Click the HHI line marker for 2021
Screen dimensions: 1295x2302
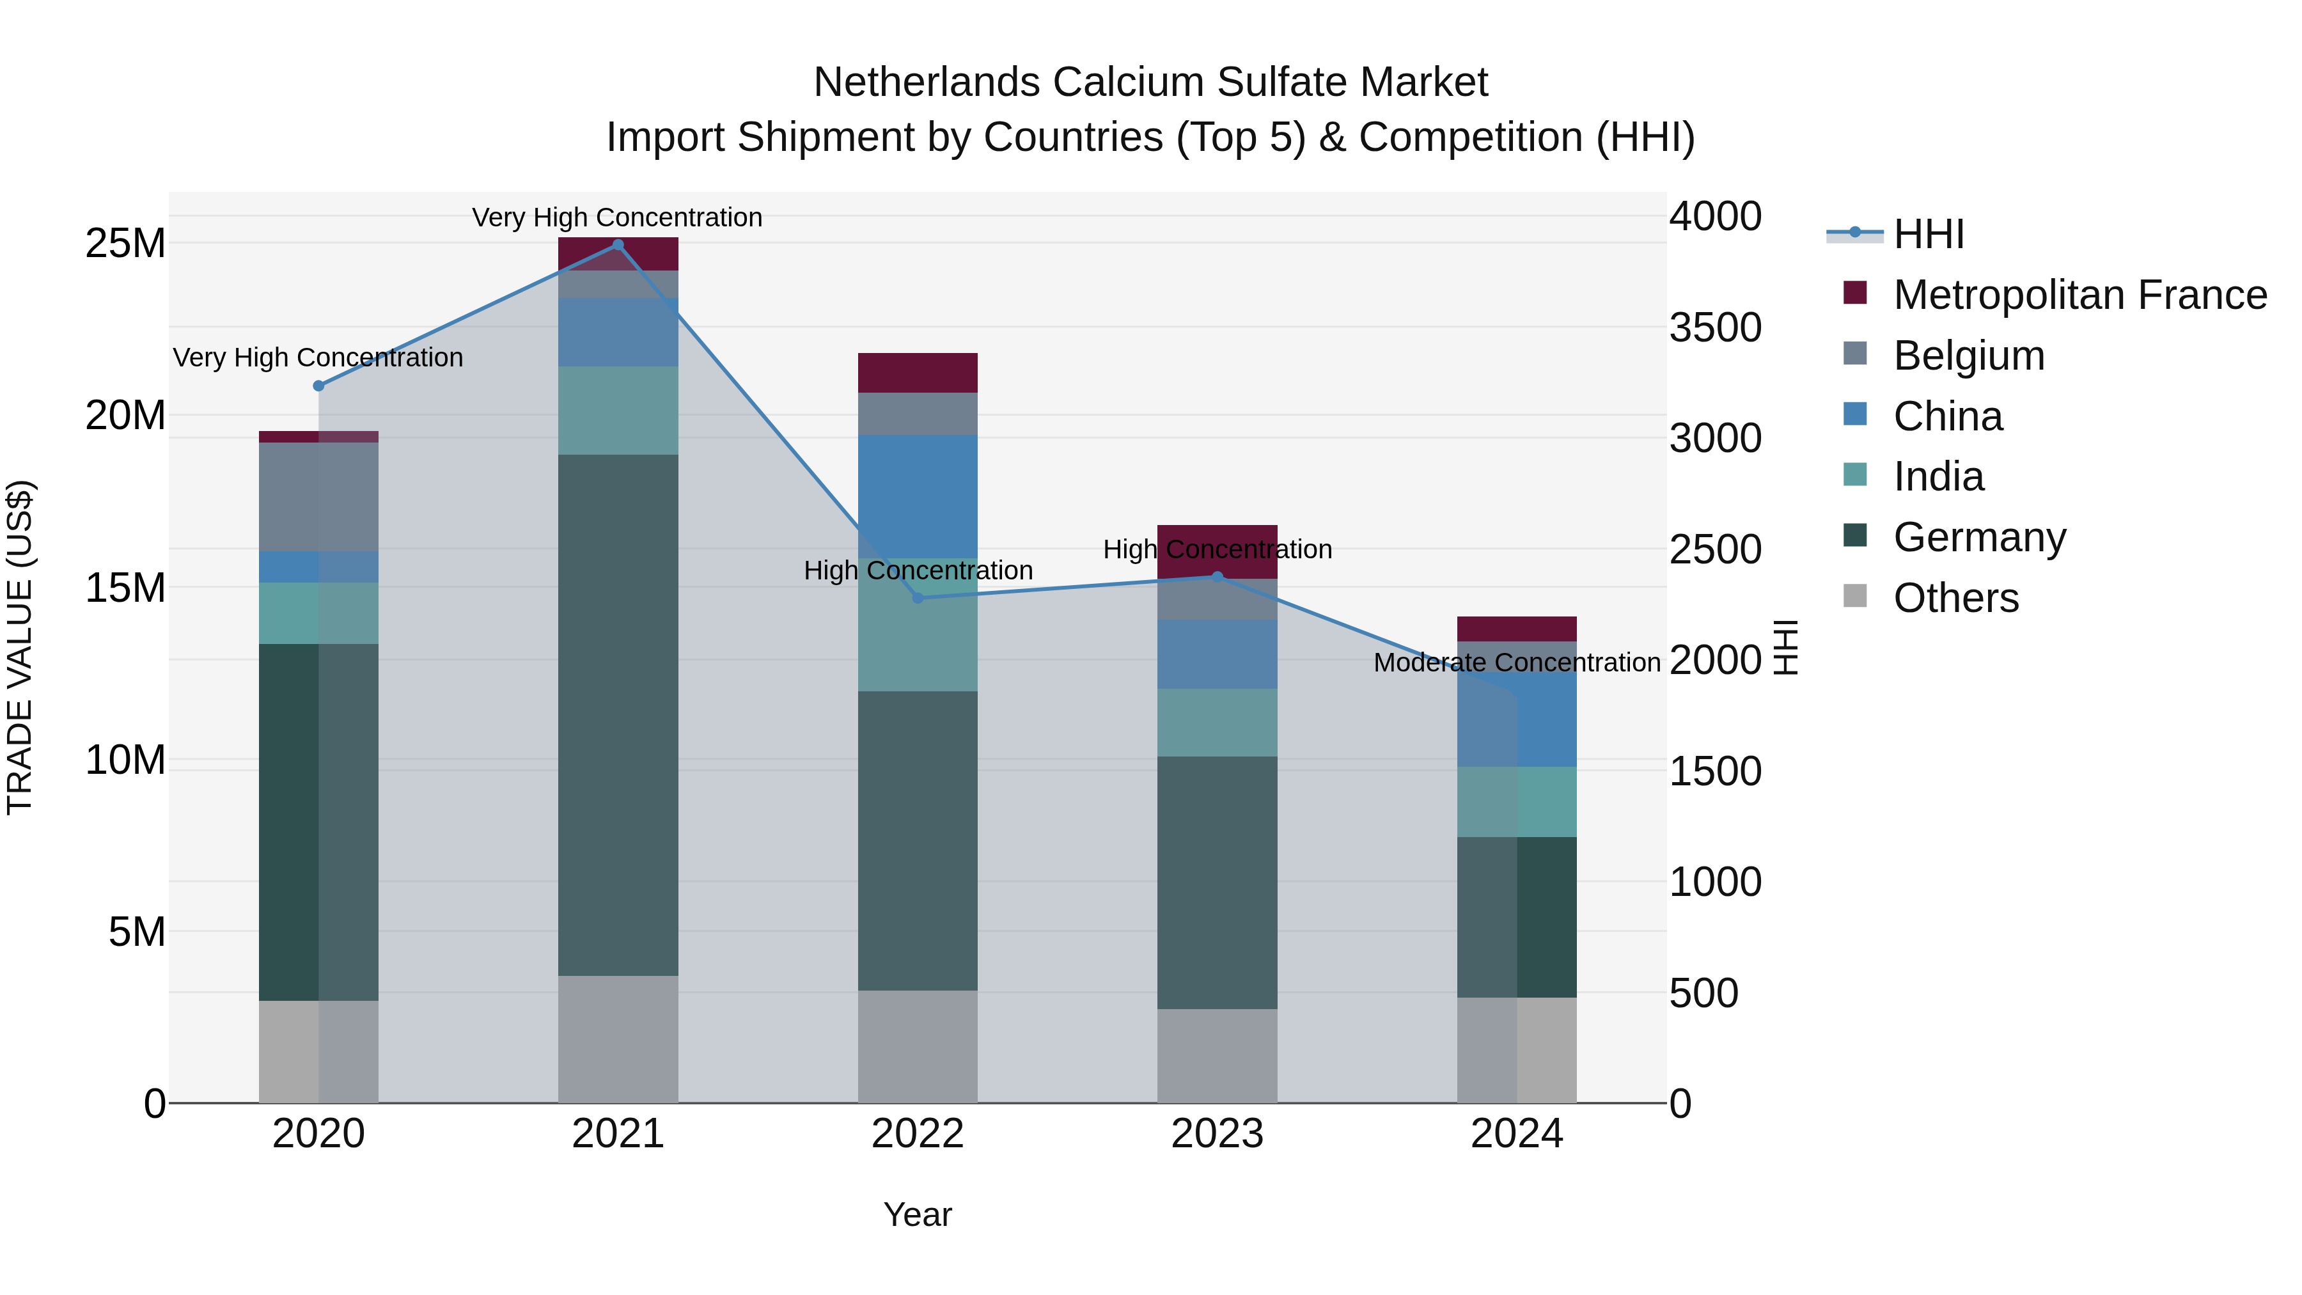(618, 245)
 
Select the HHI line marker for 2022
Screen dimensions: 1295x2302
(917, 598)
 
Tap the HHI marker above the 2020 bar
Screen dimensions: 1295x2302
(318, 386)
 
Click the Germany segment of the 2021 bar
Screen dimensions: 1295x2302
(618, 715)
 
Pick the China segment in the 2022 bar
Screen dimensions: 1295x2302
(917, 497)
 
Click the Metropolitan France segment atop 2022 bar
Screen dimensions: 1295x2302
(917, 373)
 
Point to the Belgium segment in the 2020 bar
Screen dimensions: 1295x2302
(318, 497)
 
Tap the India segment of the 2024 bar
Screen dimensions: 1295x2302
(1517, 802)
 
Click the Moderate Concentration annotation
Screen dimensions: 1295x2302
(1517, 663)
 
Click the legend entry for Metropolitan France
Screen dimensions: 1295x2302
(2079, 295)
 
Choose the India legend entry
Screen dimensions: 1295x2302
(1938, 476)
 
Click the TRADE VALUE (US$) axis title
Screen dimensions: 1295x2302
(20, 647)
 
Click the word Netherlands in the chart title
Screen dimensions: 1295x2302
(927, 82)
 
